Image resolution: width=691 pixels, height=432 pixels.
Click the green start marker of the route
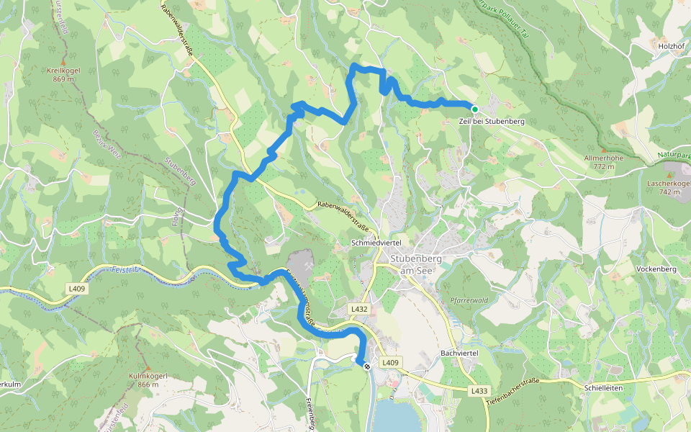coord(474,109)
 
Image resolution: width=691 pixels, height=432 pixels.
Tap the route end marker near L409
coord(367,366)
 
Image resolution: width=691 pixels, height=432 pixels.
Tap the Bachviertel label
coord(459,354)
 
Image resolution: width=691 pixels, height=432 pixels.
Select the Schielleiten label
coord(603,387)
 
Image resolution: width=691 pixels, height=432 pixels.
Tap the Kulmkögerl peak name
coord(148,376)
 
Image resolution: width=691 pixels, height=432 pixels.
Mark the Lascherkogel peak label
coord(669,184)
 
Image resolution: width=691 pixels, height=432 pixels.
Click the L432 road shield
coord(360,309)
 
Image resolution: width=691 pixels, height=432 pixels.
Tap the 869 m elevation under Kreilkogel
coord(63,79)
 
